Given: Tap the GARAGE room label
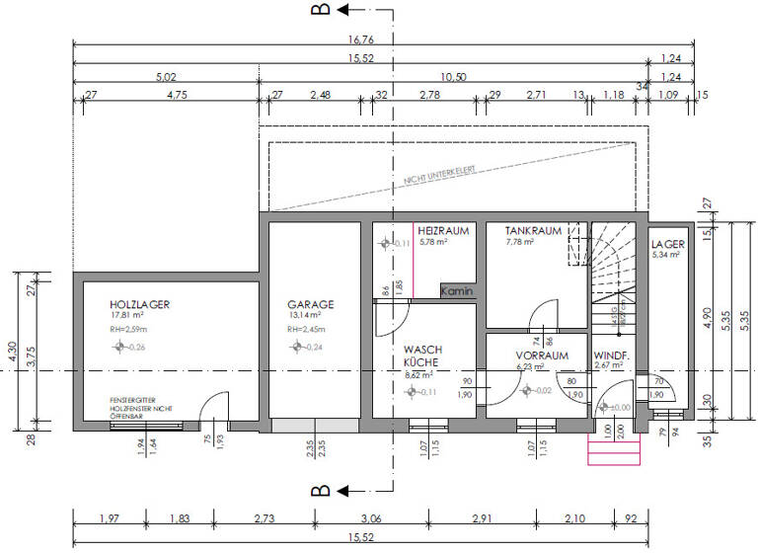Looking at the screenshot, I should point(310,305).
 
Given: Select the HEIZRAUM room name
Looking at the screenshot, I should point(441,230).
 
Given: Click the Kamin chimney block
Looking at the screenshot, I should point(457,292).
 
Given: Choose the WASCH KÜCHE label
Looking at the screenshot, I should point(422,355).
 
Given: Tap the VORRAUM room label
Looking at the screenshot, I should point(542,355).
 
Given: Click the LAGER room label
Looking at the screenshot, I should point(668,243).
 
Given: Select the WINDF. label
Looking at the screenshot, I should point(611,355).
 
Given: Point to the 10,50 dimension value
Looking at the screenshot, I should point(453,77).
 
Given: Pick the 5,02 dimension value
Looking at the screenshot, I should point(166,77).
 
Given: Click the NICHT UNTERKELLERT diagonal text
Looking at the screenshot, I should point(439,176).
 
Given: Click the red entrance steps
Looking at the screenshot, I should point(614,450).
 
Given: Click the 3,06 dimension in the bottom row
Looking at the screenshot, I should point(371,517).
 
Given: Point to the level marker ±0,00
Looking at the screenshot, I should point(617,407).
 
